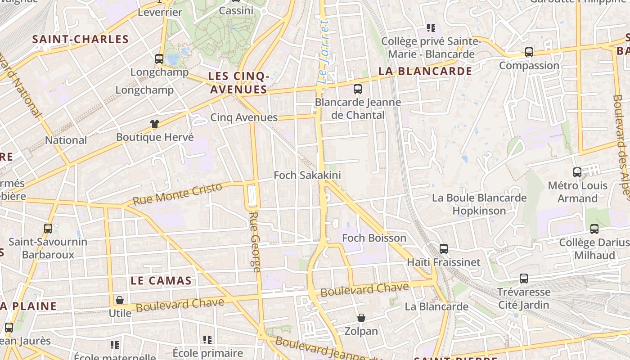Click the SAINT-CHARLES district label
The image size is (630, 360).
coord(81,39)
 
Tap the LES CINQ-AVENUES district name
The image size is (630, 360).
coord(239,83)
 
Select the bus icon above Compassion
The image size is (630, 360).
coord(529,52)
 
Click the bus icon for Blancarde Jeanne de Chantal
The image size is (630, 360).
coord(358,89)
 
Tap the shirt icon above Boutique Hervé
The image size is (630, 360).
coord(155,124)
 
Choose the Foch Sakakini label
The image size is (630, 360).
coord(307,175)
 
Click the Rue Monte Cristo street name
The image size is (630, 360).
coord(177,194)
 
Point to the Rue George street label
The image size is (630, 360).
coord(255,242)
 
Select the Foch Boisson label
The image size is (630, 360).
coord(374,238)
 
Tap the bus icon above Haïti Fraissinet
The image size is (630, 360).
coord(444,248)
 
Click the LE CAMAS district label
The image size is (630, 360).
coord(161,280)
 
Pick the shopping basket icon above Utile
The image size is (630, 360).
coord(120,300)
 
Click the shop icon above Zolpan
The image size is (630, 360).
coord(361,318)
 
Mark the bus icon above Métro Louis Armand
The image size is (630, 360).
coord(577,172)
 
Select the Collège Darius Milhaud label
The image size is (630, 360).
coord(594,249)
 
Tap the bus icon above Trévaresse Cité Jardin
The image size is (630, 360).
coord(524,279)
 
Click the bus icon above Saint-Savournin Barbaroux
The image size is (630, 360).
coord(48,229)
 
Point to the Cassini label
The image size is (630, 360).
coord(236,10)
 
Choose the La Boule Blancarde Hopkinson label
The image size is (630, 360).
coord(479,204)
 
